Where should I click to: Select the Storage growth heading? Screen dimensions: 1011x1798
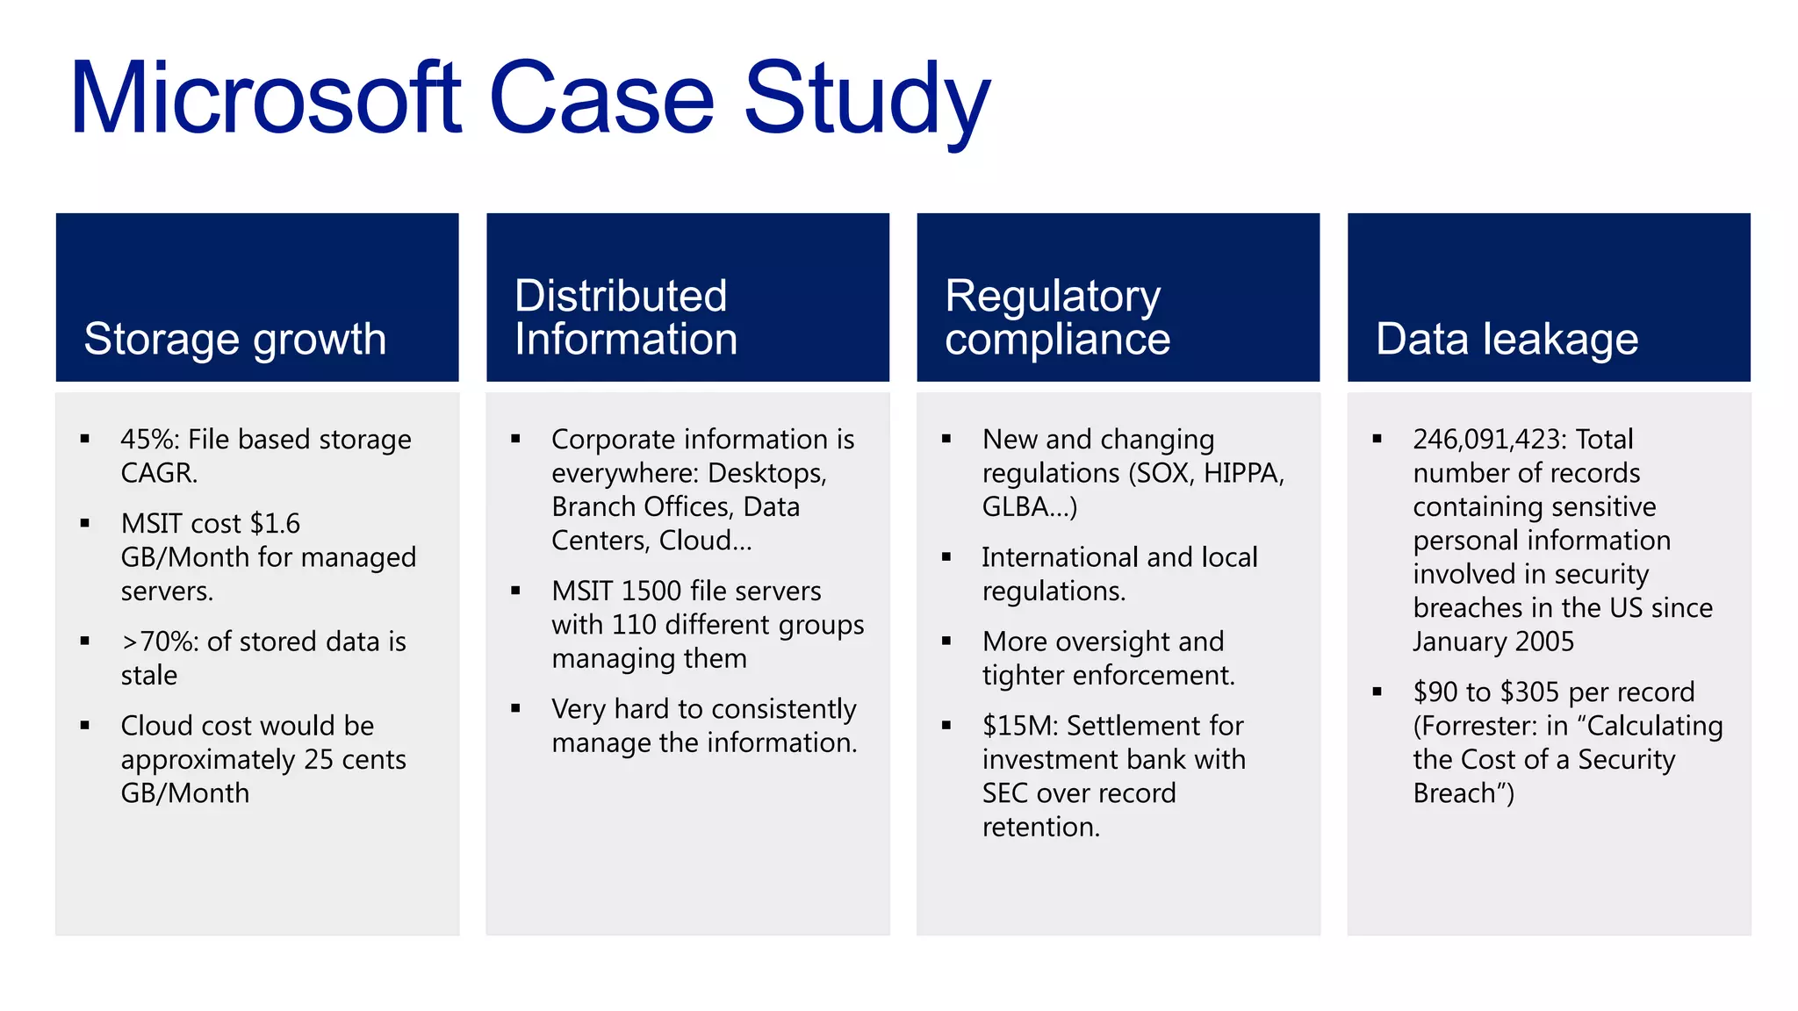point(234,339)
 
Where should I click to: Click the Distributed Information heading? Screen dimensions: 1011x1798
point(625,318)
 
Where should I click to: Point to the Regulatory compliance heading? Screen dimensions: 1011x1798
point(1056,318)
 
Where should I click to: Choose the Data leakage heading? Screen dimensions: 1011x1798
point(1506,339)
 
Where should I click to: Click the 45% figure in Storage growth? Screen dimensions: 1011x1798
point(149,439)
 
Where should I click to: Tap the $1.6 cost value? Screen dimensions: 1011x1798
point(275,523)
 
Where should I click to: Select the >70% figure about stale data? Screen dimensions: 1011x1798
point(159,642)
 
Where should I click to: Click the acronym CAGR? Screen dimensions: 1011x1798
point(157,473)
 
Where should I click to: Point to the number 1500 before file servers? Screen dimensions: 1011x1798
point(651,591)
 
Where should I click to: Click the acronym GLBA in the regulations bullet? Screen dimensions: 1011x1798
point(1015,506)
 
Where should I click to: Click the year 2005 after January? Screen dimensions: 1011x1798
point(1544,642)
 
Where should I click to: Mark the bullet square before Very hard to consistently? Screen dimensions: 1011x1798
point(515,708)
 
